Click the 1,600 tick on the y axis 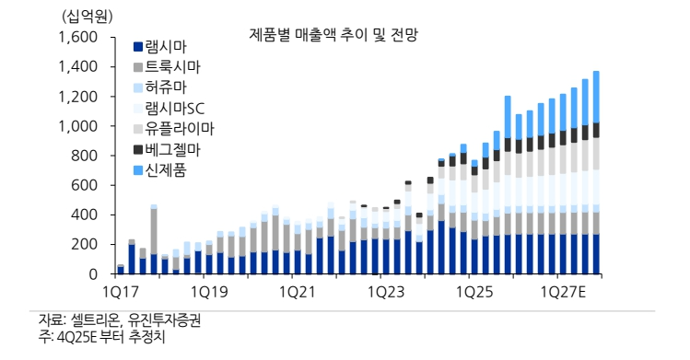pos(77,38)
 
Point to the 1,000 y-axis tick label pos(77,126)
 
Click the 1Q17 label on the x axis pos(120,292)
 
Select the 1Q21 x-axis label pos(297,292)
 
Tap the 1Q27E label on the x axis pos(567,292)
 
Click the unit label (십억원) pos(85,17)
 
